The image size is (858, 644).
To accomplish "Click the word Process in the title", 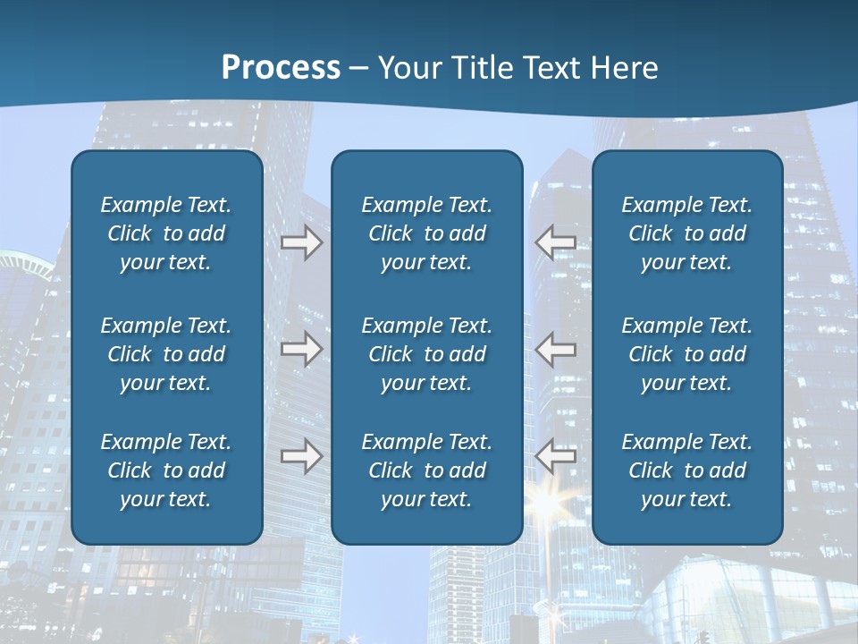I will click(281, 68).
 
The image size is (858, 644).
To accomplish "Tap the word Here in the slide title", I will click(622, 68).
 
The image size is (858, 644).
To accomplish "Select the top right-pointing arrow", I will click(302, 242).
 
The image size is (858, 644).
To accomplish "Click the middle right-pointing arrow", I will click(302, 349).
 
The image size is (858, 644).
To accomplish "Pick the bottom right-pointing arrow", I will click(302, 456).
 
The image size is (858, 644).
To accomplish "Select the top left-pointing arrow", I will click(555, 242).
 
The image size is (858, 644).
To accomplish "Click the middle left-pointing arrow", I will click(555, 349).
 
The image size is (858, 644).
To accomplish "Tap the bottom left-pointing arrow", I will click(555, 456).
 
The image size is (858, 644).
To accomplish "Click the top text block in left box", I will click(166, 233).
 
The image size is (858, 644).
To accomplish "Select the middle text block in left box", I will click(166, 354).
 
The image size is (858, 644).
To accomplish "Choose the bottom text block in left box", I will click(166, 470).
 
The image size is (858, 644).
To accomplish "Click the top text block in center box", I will click(426, 233).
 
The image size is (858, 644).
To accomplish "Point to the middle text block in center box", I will click(426, 354).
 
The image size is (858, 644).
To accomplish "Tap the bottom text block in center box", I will click(426, 470).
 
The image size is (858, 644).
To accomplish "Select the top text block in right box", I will click(686, 233).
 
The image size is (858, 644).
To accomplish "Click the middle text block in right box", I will click(686, 354).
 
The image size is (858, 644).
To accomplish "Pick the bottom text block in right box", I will click(686, 470).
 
